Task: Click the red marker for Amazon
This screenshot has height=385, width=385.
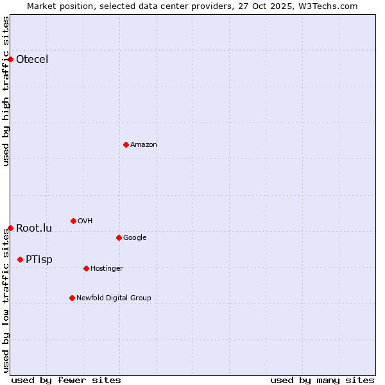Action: point(126,144)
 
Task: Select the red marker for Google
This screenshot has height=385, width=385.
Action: point(119,237)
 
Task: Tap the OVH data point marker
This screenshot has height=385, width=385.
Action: point(73,221)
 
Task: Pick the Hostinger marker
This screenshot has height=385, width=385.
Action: point(86,268)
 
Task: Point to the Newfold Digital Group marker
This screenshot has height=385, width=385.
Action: point(72,298)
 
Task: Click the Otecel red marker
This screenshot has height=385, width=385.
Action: point(10,59)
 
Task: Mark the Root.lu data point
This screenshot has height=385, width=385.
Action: point(10,228)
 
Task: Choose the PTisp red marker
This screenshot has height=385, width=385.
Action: point(20,259)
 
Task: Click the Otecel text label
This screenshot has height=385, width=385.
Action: point(32,60)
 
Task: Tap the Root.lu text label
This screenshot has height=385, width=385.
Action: point(34,228)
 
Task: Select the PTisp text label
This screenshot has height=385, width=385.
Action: point(39,260)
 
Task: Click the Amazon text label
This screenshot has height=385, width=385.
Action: point(144,145)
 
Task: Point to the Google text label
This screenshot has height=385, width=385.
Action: point(135,238)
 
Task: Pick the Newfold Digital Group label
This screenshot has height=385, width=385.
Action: point(114,298)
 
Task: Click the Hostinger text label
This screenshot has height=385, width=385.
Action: point(107,269)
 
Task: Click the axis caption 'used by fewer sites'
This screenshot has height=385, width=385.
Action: point(66,380)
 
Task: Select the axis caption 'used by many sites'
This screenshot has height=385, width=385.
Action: point(322,380)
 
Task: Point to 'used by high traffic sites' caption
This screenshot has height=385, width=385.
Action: point(6,91)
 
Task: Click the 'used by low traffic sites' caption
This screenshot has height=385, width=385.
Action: point(6,300)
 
